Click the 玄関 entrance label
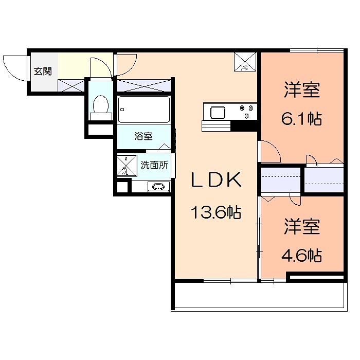tap(43, 71)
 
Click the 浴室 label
tap(143, 136)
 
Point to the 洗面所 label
tap(155, 166)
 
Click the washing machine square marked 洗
tap(125, 166)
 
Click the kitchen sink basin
tap(216, 112)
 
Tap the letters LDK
tap(216, 181)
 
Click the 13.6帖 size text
tap(216, 211)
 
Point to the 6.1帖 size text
tap(301, 119)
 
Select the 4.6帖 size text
tap(301, 255)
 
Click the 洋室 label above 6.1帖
tap(302, 91)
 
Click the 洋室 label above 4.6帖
tap(302, 227)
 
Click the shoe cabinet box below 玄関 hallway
tap(71, 85)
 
